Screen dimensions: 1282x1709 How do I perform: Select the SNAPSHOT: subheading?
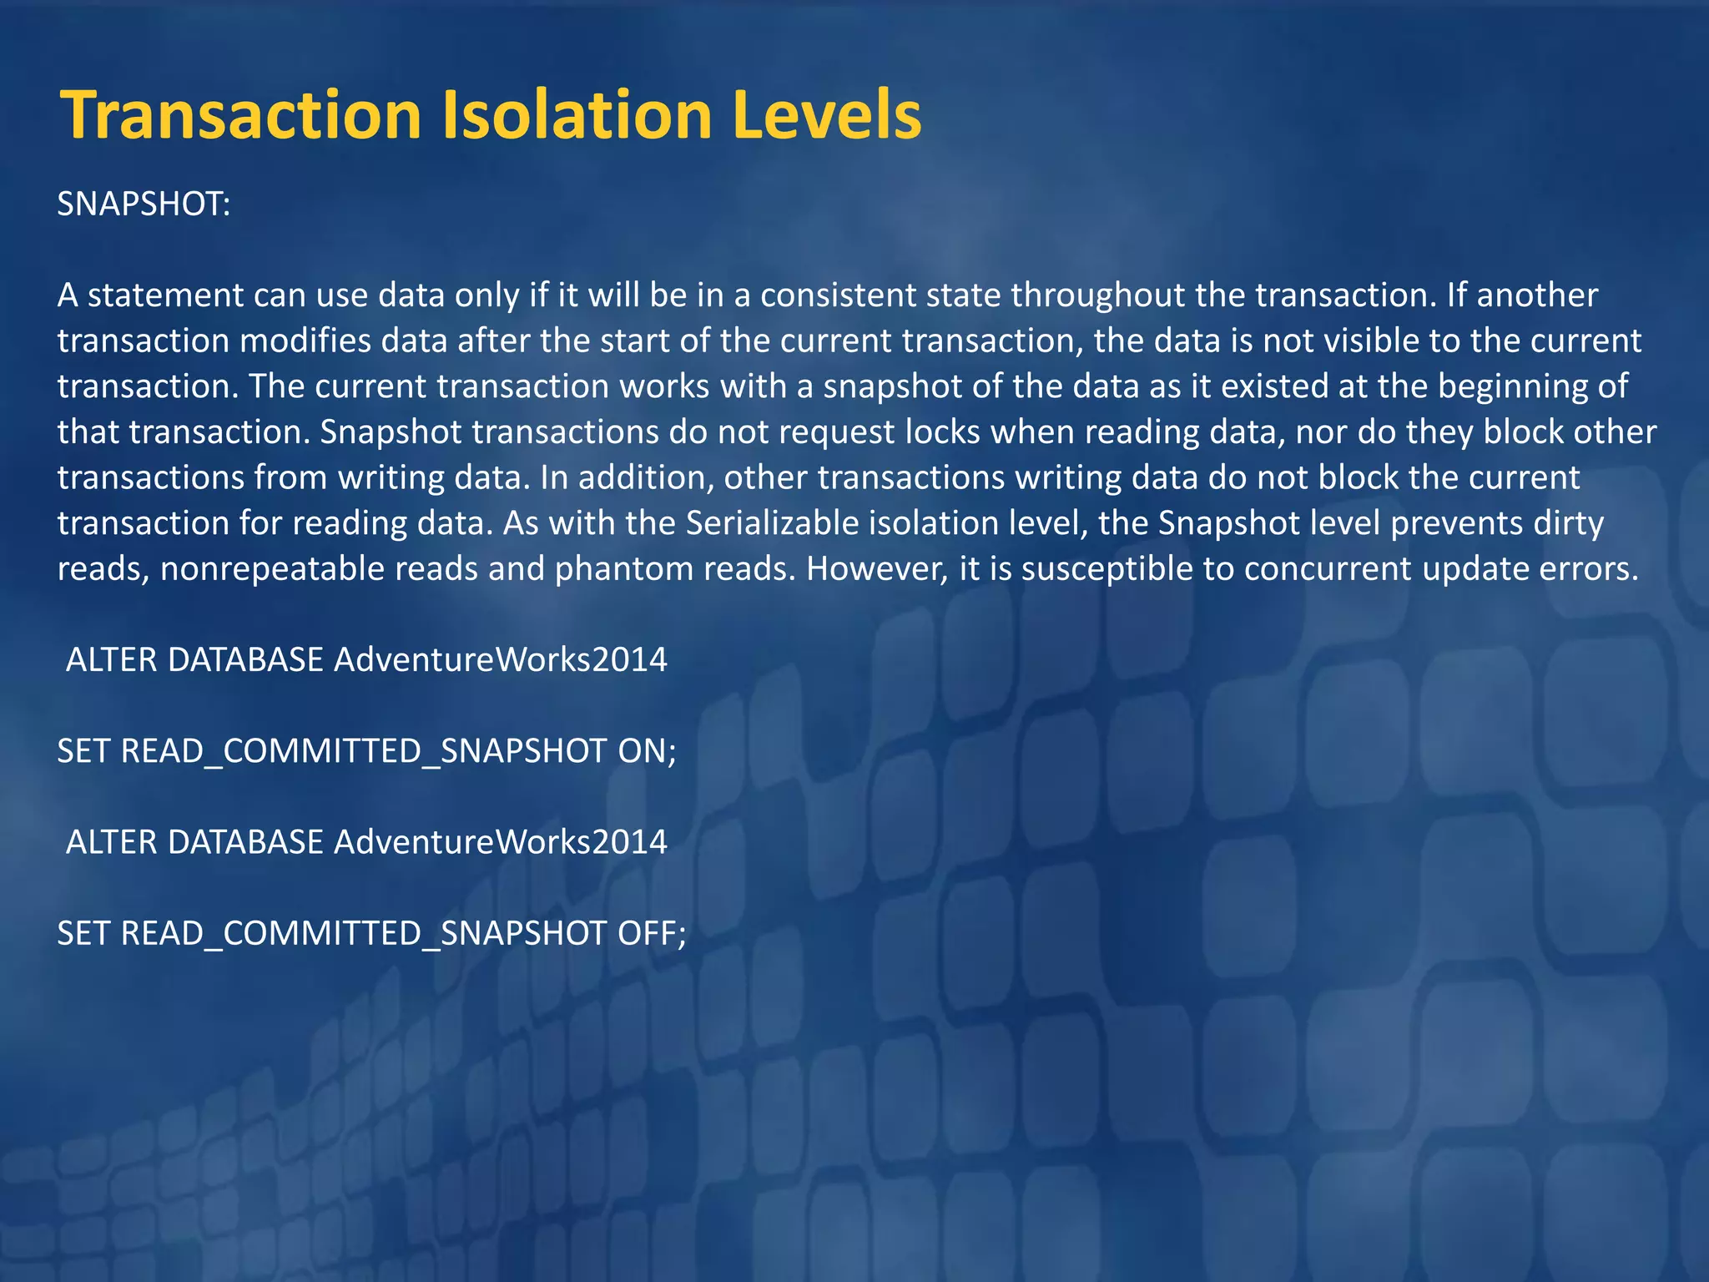pos(144,204)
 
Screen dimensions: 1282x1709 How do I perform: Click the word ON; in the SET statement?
pos(647,751)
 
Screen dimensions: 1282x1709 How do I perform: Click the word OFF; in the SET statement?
pos(651,933)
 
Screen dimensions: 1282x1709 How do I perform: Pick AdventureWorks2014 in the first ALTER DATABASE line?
pos(501,660)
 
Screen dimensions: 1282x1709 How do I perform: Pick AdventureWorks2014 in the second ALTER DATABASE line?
pos(501,842)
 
